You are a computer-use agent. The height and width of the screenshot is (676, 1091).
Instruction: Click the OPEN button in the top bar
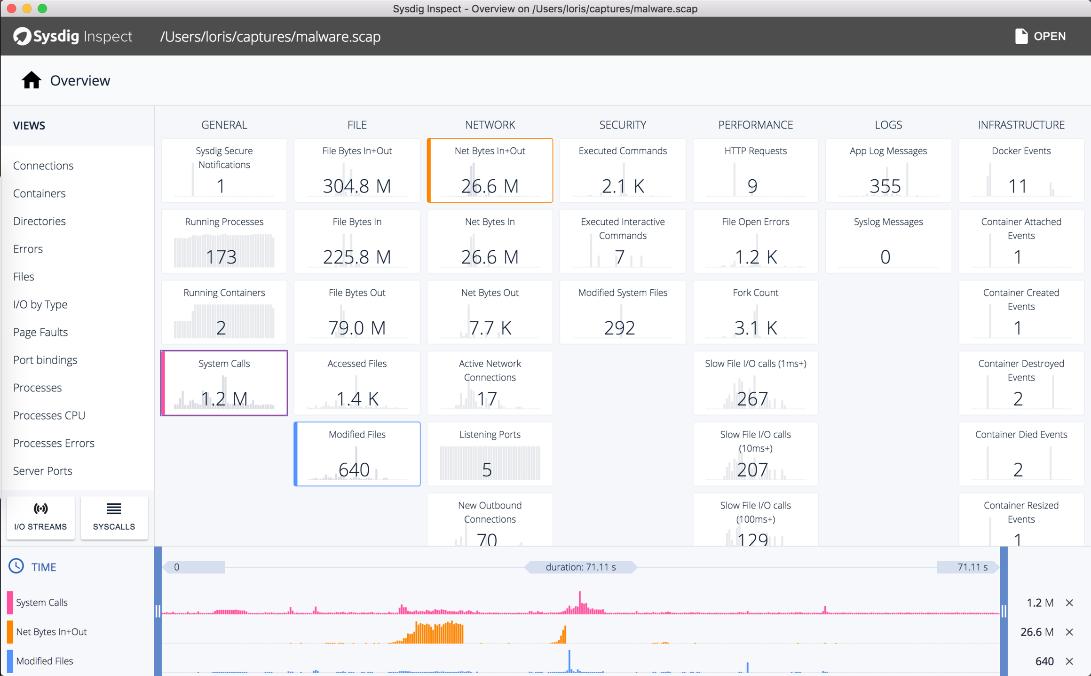pos(1040,36)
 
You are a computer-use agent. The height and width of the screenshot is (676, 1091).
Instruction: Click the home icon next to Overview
pos(31,80)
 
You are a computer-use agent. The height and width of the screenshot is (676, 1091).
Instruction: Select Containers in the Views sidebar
pos(40,193)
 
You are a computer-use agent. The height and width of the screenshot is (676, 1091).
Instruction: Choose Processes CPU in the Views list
pos(49,415)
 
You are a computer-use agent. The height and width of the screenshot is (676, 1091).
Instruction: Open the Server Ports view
pos(43,471)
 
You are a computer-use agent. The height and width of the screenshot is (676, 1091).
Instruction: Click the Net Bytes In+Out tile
pos(490,170)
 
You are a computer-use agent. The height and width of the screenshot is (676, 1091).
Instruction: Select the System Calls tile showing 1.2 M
pos(224,383)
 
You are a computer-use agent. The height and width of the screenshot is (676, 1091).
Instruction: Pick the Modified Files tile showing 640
pos(357,454)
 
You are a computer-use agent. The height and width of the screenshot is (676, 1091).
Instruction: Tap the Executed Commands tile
pos(622,170)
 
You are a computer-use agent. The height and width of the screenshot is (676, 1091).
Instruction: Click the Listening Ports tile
pos(490,454)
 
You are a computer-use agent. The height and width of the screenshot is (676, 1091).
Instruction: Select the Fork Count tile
pos(755,312)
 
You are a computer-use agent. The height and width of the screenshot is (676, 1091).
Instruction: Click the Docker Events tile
pos(1021,170)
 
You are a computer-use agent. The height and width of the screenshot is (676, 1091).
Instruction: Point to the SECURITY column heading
pos(622,125)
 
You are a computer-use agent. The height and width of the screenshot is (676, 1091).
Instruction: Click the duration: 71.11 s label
pos(580,567)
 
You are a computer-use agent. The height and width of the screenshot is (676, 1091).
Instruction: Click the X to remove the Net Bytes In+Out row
pos(1069,632)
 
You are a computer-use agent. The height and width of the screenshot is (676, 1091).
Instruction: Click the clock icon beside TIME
pos(16,566)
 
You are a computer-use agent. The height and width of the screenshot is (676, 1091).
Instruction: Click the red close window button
pos(12,8)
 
